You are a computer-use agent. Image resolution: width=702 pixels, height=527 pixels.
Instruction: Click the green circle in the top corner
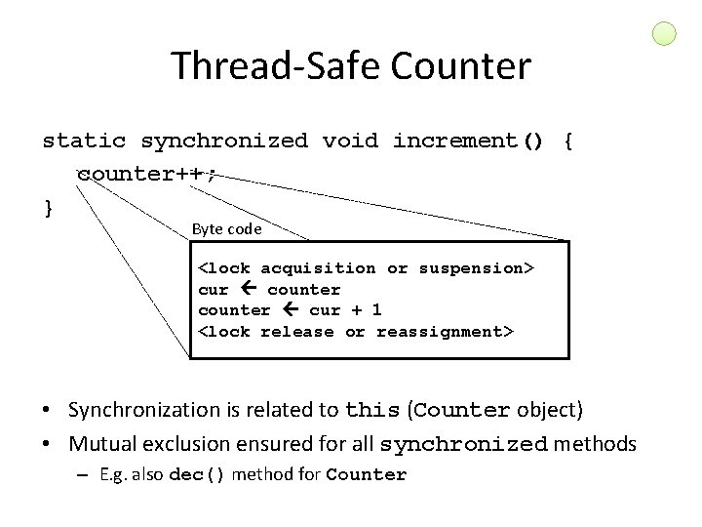click(x=663, y=35)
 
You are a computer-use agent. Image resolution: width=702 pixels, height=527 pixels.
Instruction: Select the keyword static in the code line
click(x=84, y=142)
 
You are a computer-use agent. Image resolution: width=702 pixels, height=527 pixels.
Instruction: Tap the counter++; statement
click(x=146, y=174)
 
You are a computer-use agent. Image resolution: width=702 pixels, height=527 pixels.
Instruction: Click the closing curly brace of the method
click(x=49, y=206)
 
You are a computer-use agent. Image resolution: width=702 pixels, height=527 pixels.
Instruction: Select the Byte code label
click(x=226, y=229)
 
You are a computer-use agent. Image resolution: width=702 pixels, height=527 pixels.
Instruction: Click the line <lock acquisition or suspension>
click(x=366, y=267)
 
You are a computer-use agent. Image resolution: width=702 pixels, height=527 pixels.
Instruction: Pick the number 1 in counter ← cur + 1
click(x=375, y=310)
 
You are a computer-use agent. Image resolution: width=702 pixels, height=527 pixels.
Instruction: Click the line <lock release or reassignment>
click(x=356, y=332)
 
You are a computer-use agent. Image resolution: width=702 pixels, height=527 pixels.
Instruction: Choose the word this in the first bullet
click(x=372, y=410)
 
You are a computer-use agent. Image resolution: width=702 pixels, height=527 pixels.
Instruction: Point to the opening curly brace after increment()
click(x=568, y=142)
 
